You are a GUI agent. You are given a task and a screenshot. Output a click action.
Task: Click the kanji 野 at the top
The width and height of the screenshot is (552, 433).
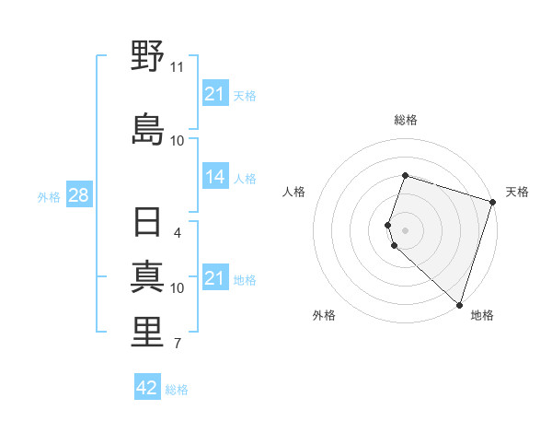click(147, 57)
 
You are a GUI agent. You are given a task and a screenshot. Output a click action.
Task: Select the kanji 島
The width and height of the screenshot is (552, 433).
click(147, 128)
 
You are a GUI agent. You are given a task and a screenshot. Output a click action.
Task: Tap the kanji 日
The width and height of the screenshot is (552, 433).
click(147, 225)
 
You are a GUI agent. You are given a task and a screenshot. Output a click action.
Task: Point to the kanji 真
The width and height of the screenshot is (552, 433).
click(147, 276)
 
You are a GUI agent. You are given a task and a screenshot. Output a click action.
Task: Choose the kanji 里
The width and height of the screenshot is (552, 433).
click(147, 333)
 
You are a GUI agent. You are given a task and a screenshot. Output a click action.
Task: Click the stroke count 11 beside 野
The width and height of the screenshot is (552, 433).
click(177, 67)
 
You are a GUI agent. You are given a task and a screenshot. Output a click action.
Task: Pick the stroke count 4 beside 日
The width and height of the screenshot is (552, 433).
click(177, 232)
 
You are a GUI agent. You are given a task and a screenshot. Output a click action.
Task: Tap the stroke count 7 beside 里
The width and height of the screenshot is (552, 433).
click(177, 344)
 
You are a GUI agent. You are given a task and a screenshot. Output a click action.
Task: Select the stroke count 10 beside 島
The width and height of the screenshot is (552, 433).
click(177, 140)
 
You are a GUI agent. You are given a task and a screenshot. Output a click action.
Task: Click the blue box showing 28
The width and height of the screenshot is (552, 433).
click(78, 195)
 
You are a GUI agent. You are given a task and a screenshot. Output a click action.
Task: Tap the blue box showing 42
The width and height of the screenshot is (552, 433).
click(147, 388)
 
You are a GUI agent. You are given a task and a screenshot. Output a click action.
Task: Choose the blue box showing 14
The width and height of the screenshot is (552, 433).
click(215, 177)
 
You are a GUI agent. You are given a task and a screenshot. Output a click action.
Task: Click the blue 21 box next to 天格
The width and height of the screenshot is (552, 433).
click(215, 94)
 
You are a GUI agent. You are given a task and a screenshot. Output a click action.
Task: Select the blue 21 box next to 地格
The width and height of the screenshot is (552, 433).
click(215, 278)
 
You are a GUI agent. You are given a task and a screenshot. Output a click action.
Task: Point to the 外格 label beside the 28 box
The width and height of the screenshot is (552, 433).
click(49, 196)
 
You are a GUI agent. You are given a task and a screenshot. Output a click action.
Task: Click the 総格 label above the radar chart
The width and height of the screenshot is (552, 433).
click(406, 120)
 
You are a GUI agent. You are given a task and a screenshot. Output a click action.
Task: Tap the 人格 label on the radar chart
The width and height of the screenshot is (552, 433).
click(293, 192)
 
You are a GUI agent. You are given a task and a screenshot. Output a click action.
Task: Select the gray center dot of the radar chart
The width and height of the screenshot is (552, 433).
click(406, 228)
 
